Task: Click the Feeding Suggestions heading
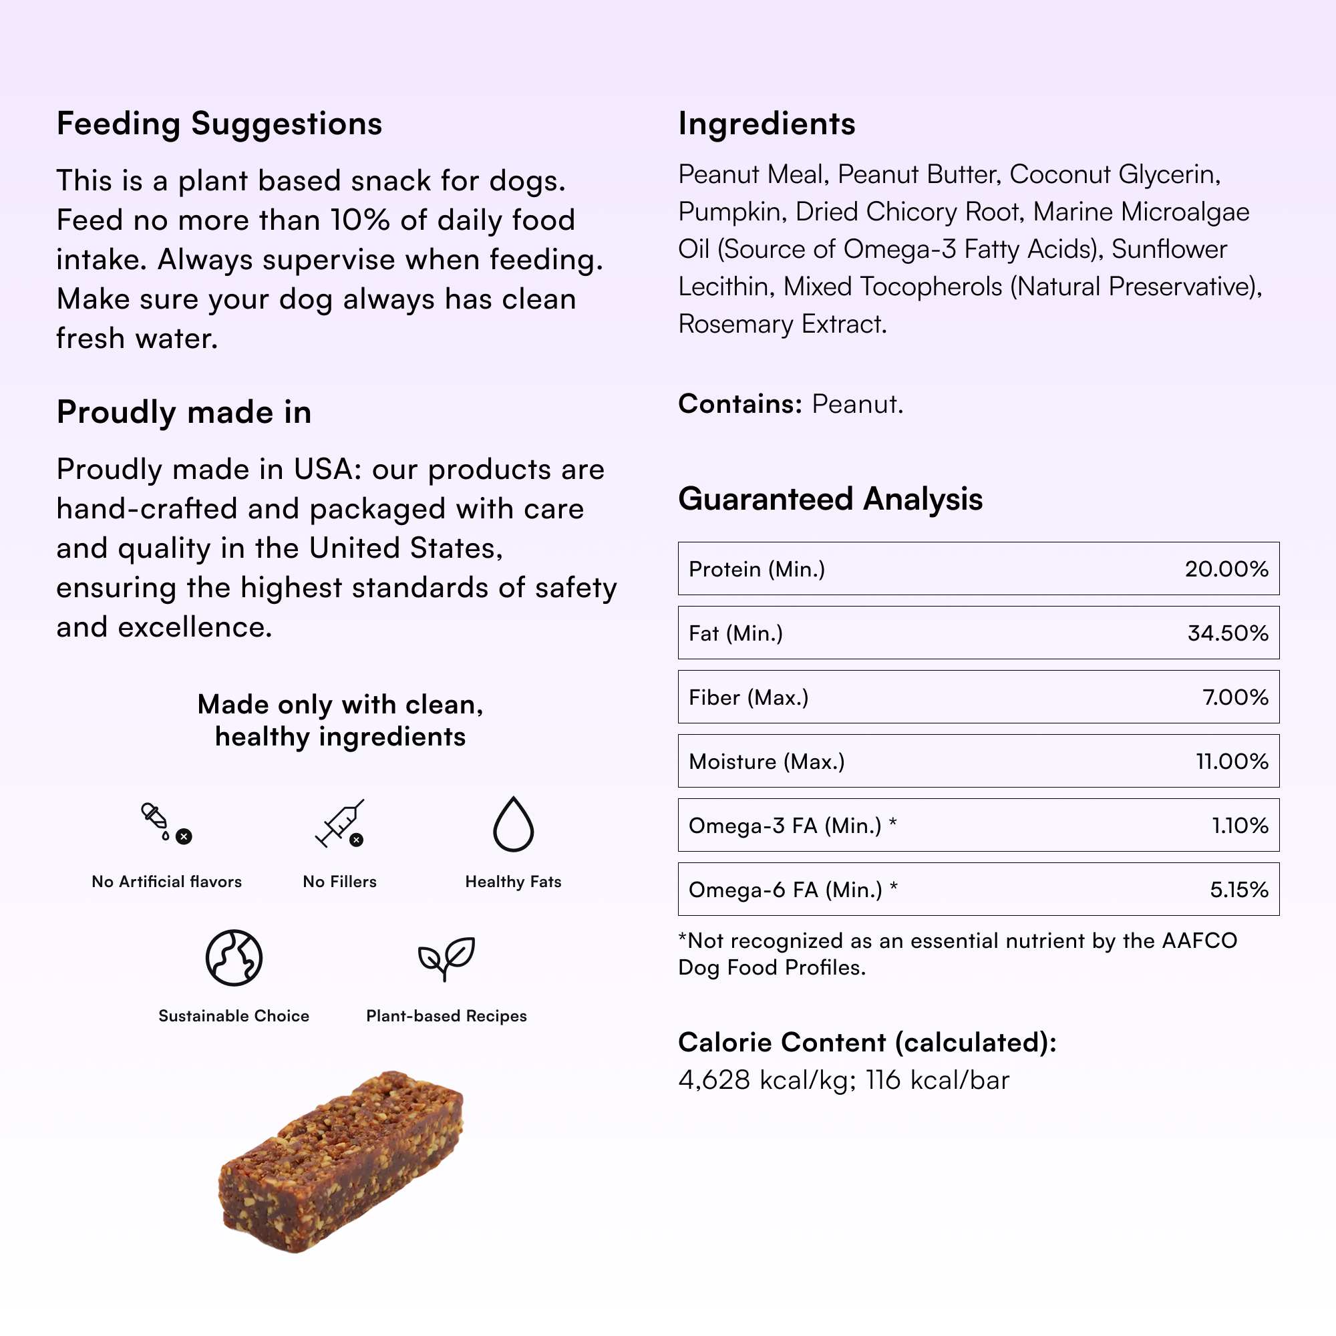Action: pos(219,124)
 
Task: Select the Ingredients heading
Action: pos(766,124)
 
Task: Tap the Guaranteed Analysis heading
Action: pos(830,499)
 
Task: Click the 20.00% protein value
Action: pos(1226,569)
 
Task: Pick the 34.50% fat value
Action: pos(1227,633)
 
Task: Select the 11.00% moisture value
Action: pos(1232,762)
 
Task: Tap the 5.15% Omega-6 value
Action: pos(1238,890)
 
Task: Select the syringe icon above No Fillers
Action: pos(339,824)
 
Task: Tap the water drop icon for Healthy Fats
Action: pos(513,824)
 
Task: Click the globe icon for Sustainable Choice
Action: pos(234,958)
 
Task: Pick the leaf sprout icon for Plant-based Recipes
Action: pos(446,958)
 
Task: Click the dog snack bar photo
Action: pos(341,1162)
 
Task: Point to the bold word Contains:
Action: pos(739,405)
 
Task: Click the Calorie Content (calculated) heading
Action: pos(867,1043)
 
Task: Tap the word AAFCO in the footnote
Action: pos(1199,941)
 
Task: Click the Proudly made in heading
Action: pos(184,413)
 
